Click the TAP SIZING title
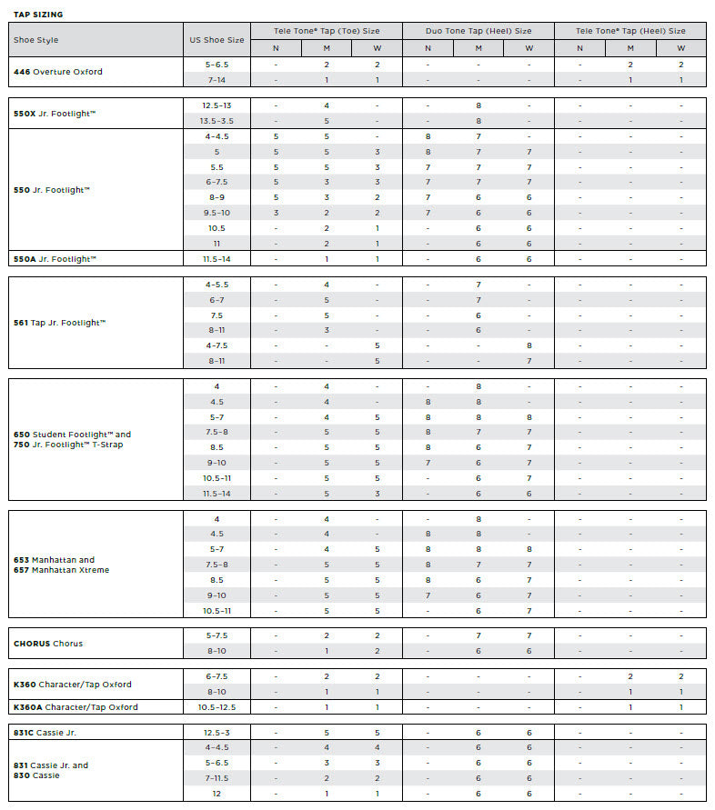pyautogui.click(x=38, y=15)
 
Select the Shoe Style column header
pyautogui.click(x=35, y=40)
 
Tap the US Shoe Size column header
pyautogui.click(x=217, y=40)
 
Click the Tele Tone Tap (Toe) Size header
pyautogui.click(x=327, y=31)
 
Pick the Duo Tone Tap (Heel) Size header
pyautogui.click(x=478, y=31)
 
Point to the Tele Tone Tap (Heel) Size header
pyautogui.click(x=630, y=31)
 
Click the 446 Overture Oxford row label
pyautogui.click(x=57, y=72)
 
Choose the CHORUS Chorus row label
pyautogui.click(x=48, y=644)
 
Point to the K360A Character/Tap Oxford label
pyautogui.click(x=76, y=707)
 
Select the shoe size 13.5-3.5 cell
pyautogui.click(x=217, y=121)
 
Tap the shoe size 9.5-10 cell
pyautogui.click(x=217, y=213)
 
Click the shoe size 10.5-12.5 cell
pyautogui.click(x=217, y=707)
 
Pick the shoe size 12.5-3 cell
pyautogui.click(x=217, y=733)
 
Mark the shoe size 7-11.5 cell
pyautogui.click(x=217, y=778)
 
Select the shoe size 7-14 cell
pyautogui.click(x=217, y=80)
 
